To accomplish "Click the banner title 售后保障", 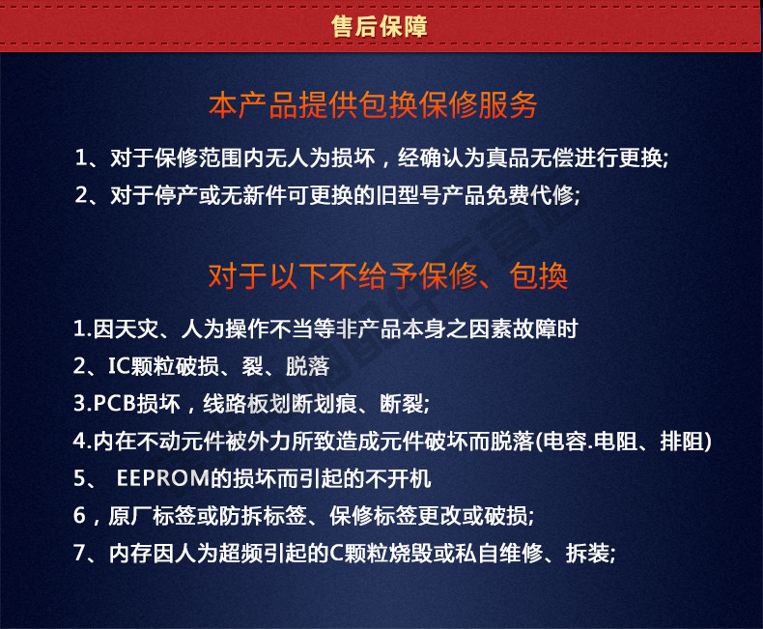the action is [x=379, y=26].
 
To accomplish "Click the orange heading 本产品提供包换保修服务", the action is [x=373, y=104].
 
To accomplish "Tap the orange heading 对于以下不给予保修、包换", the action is [x=388, y=276].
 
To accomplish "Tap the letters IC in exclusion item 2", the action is [x=119, y=366].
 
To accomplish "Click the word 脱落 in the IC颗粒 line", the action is [x=308, y=366].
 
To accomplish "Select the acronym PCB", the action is [x=114, y=404].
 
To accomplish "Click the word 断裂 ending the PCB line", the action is [x=402, y=404].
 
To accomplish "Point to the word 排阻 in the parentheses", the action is [x=682, y=442].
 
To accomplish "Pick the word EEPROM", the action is [x=163, y=478].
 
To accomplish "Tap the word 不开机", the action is [x=398, y=478].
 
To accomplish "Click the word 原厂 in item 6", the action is [x=130, y=516].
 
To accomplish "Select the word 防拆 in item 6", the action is [x=240, y=516].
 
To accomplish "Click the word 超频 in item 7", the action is [x=240, y=553].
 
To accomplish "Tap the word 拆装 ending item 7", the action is [x=588, y=553].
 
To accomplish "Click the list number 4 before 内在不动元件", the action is [x=79, y=442].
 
